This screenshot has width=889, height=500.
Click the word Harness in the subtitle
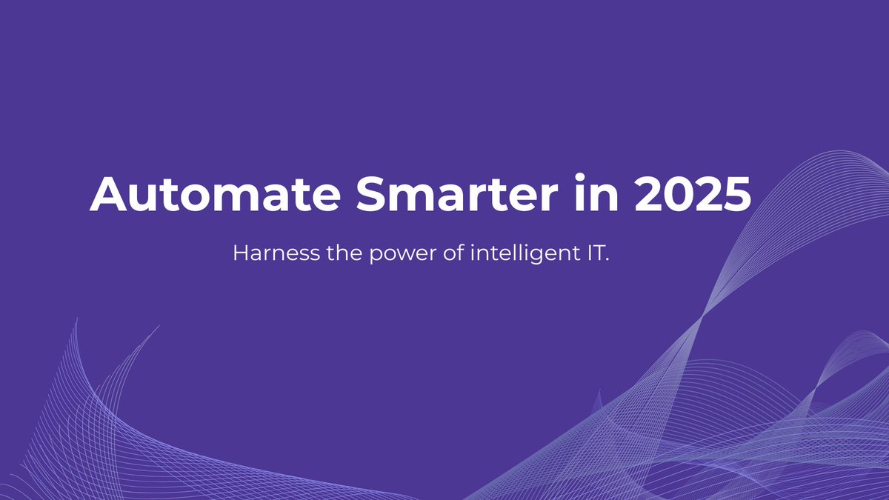pyautogui.click(x=265, y=254)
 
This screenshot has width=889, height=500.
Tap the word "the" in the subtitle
pyautogui.click(x=324, y=254)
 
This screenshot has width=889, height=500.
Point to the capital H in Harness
pyautogui.click(x=241, y=254)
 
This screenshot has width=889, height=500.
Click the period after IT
pyautogui.click(x=605, y=261)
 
